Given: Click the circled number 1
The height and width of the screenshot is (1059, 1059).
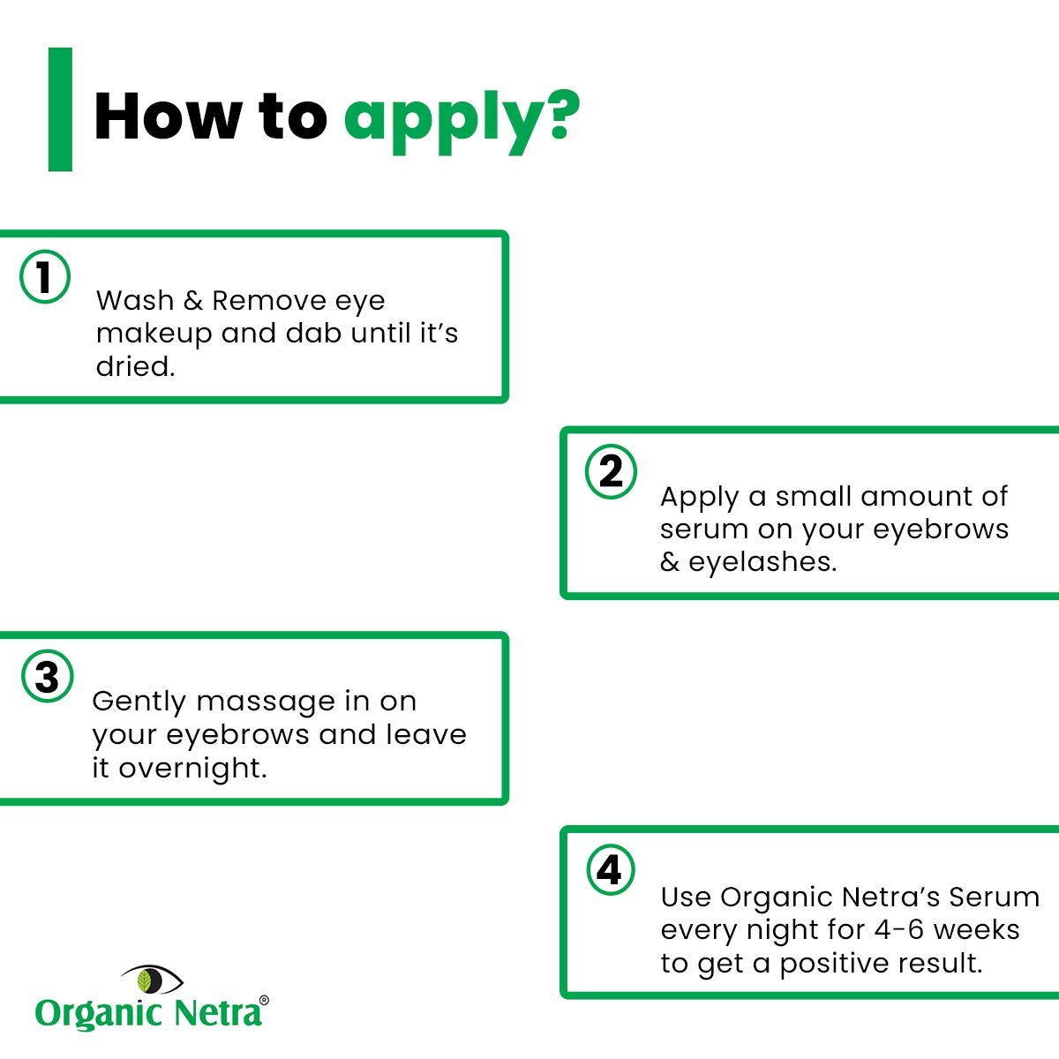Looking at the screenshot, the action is [45, 276].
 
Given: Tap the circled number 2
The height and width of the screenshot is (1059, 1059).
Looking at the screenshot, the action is [611, 471].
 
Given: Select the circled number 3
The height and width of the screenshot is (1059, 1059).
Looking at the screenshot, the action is [48, 677].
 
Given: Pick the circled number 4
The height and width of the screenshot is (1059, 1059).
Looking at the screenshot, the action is [610, 870].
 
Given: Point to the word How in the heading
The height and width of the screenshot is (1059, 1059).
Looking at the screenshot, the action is [167, 116].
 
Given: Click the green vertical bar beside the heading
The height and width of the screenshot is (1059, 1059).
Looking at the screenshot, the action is [61, 109].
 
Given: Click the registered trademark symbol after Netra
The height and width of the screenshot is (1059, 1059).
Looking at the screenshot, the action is [264, 1001].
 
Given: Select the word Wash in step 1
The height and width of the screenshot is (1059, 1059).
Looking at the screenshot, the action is [135, 301].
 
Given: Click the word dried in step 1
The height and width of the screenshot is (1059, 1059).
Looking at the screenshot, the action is [136, 366].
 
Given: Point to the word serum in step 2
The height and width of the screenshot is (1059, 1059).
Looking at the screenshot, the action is [704, 530].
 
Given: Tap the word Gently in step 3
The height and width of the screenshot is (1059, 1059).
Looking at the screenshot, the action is [139, 702].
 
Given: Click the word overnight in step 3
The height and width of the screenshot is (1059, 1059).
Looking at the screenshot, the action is [193, 769].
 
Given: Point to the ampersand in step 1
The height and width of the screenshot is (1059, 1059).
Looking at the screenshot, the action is [193, 301].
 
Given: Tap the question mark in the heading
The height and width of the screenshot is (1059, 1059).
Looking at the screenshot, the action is [561, 115].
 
